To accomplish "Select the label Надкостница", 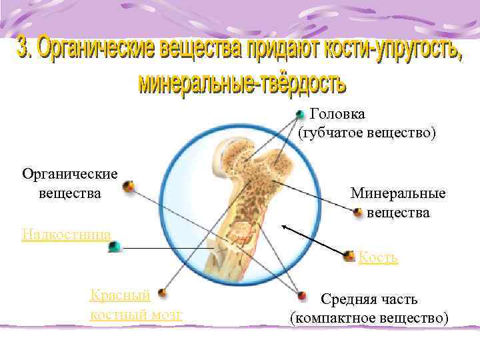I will click(66, 233).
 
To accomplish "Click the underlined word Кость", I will click(378, 257).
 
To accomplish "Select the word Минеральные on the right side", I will click(398, 194).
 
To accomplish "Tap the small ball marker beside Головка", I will click(301, 115).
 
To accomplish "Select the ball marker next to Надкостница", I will click(115, 247).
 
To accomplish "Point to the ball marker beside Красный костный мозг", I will click(160, 292).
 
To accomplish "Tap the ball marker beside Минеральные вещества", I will click(359, 213).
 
